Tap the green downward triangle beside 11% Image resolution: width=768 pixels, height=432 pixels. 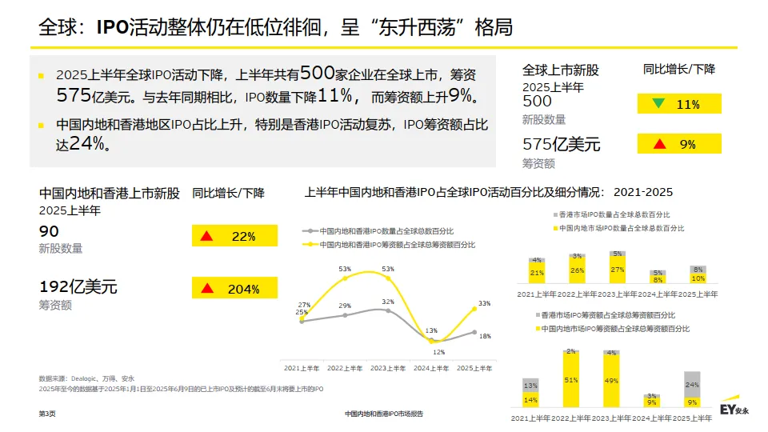(x=658, y=104)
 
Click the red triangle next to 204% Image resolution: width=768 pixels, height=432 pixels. (x=206, y=289)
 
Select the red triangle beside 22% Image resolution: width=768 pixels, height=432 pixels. (x=206, y=236)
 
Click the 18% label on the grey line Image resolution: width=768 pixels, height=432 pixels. (x=485, y=336)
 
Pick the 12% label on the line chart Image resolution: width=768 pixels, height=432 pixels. (x=438, y=352)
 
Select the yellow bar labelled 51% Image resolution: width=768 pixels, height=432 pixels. (x=570, y=381)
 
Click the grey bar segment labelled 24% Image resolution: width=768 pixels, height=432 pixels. (x=692, y=384)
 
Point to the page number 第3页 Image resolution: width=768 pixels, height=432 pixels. (x=47, y=414)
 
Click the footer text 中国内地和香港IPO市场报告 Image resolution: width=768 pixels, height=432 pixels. (x=384, y=414)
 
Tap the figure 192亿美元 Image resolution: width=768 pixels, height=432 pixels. (x=78, y=286)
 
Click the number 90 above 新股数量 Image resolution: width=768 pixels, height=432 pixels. (x=49, y=231)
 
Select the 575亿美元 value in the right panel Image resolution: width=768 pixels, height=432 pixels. (x=561, y=145)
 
